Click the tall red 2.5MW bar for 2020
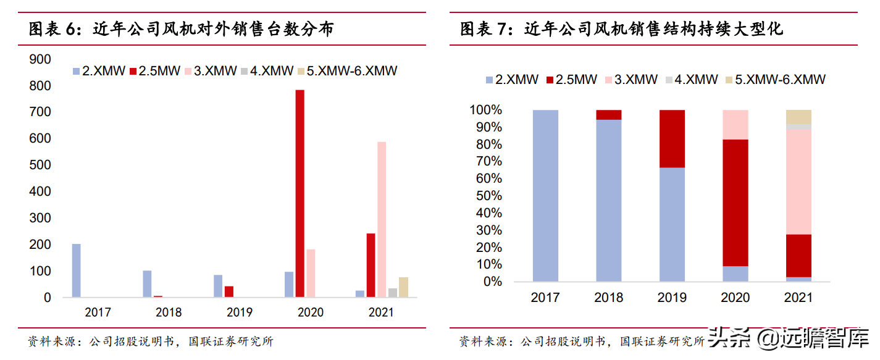click(x=300, y=193)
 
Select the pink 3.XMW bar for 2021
click(x=382, y=219)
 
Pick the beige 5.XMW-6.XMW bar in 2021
click(x=403, y=287)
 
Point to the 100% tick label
click(x=487, y=111)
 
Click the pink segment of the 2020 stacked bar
click(x=735, y=125)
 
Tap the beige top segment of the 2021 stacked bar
click(x=798, y=117)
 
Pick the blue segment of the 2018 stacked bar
click(x=609, y=201)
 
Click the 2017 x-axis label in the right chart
click(x=545, y=298)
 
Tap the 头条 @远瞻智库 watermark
click(x=787, y=338)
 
